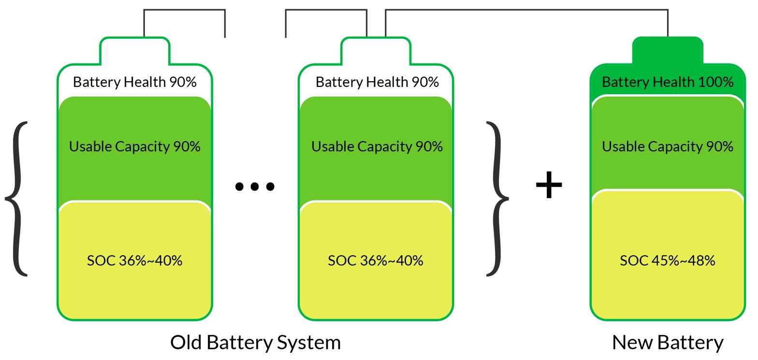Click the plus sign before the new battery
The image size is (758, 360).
[x=549, y=186]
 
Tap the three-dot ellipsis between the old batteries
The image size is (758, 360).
[x=254, y=186]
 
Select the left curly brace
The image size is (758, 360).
[x=17, y=198]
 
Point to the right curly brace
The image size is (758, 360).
[x=497, y=198]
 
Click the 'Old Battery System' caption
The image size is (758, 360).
[x=255, y=343]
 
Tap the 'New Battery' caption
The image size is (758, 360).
[x=668, y=343]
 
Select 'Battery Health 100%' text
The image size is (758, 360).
[x=668, y=82]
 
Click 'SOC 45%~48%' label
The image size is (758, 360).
[x=667, y=261]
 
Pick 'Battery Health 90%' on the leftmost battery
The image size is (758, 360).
[x=135, y=82]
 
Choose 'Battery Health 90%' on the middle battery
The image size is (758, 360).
[x=377, y=82]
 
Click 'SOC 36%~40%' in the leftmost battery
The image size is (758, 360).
[x=135, y=261]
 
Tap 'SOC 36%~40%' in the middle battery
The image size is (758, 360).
[x=376, y=261]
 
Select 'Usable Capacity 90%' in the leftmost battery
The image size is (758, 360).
[x=135, y=146]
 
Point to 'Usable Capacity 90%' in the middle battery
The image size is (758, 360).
[x=377, y=146]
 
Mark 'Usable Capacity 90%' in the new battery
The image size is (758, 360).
[x=668, y=146]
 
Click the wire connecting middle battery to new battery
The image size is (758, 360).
[x=527, y=10]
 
